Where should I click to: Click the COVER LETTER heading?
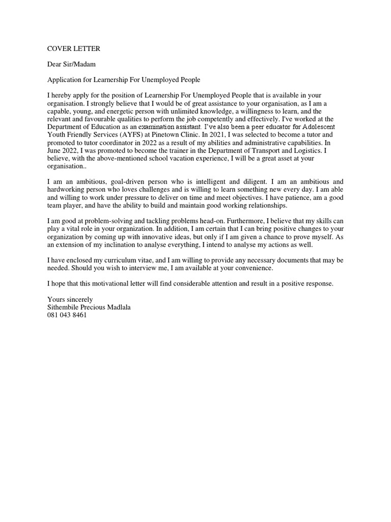click(74, 49)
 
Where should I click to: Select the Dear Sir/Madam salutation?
click(72, 65)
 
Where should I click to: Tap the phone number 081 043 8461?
click(67, 315)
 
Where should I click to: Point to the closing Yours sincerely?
click(70, 300)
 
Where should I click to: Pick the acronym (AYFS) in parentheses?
click(133, 135)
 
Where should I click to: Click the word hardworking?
click(67, 190)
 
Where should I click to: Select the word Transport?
click(258, 150)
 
